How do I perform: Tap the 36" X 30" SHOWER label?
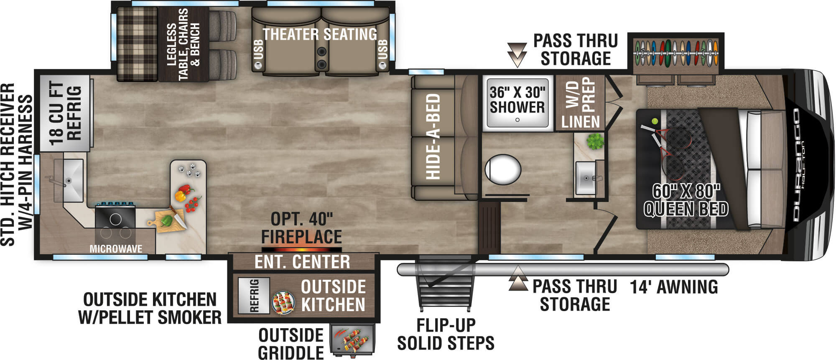(517, 100)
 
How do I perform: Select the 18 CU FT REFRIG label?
(65, 113)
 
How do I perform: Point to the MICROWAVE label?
(116, 249)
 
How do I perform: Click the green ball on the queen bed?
(655, 121)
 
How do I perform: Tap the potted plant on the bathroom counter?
(595, 141)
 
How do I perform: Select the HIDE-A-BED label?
(433, 136)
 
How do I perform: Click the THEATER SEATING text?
(319, 34)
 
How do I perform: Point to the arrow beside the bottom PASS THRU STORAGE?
(518, 279)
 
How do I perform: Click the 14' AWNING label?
(674, 287)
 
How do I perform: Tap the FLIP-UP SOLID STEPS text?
(446, 334)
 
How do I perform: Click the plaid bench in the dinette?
(137, 43)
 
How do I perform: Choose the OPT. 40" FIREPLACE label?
(301, 228)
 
